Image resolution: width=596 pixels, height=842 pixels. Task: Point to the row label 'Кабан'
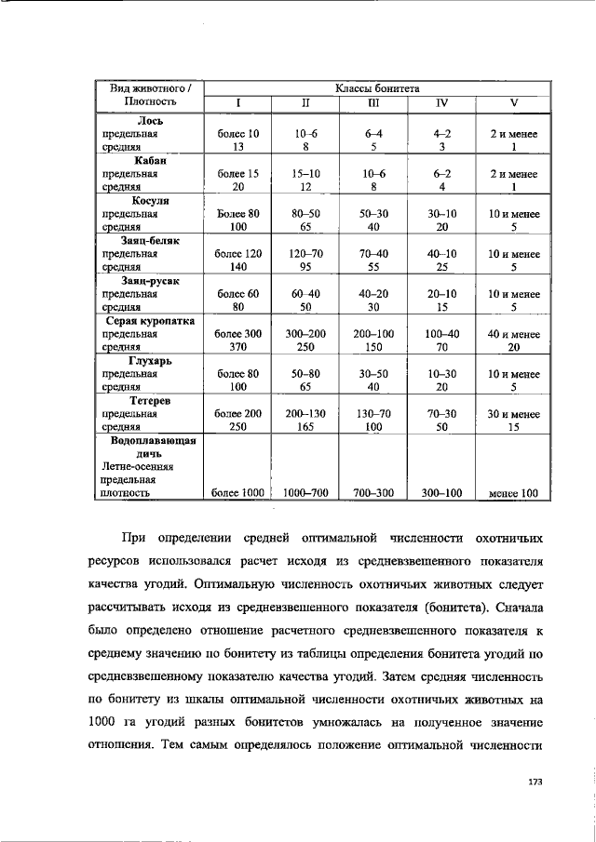click(x=150, y=160)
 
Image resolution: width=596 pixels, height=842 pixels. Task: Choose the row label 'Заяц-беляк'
click(x=150, y=240)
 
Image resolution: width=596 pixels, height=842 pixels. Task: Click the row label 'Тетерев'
click(x=150, y=400)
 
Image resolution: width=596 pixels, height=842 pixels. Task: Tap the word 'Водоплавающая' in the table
click(x=150, y=440)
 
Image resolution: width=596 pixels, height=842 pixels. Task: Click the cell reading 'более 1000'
click(x=237, y=493)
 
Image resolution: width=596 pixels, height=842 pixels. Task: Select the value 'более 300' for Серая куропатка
click(x=237, y=333)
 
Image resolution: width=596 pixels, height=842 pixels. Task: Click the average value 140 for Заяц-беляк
click(x=237, y=266)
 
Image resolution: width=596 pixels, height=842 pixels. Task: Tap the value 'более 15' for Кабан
click(x=237, y=173)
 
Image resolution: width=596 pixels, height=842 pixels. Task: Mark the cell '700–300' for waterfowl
click(x=373, y=493)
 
